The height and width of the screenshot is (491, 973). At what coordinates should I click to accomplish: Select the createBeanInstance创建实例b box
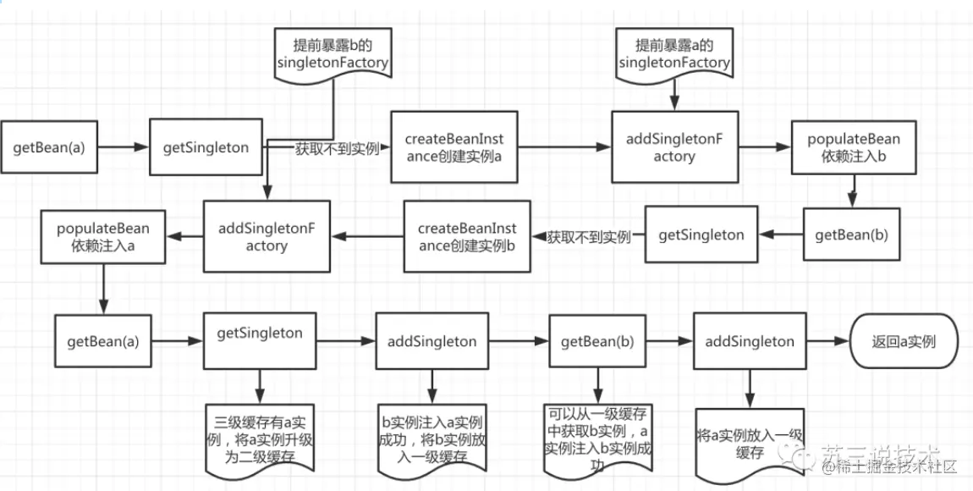467,236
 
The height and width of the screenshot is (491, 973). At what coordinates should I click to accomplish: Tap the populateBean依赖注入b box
853,146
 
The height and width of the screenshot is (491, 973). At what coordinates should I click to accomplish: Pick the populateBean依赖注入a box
103,237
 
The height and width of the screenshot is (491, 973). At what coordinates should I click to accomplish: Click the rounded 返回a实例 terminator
903,342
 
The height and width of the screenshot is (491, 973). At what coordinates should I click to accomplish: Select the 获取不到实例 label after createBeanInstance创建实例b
588,237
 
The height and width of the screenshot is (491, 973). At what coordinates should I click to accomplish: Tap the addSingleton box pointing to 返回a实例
749,342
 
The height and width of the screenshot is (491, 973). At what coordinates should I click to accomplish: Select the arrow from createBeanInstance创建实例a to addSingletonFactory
563,146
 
